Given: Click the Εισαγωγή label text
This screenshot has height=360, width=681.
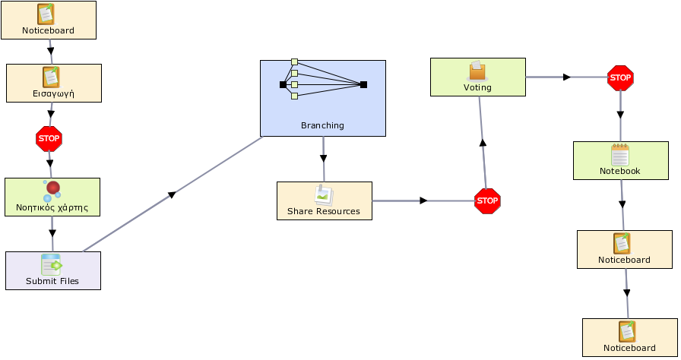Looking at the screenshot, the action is coord(53,93).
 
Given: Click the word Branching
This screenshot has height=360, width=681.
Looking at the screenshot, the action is coord(322,125).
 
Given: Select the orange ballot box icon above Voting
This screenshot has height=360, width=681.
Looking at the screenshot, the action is coord(477,71).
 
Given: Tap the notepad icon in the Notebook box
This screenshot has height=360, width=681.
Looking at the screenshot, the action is coord(619,155).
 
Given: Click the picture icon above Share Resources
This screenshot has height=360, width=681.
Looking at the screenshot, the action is coord(324,195).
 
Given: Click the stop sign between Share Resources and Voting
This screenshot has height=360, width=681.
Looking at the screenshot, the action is coord(487,201).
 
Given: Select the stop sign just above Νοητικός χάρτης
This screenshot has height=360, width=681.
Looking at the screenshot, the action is coord(49,139).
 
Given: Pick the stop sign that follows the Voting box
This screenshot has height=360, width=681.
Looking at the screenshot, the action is coord(620,77).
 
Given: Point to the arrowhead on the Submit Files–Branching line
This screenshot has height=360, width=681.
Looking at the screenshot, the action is coord(172,194).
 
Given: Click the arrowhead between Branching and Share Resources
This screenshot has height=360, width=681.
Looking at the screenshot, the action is coord(323,159).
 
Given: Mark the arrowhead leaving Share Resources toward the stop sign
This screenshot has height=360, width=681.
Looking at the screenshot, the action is coord(423,201).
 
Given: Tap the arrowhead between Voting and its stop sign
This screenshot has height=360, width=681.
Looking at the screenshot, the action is coord(566,77).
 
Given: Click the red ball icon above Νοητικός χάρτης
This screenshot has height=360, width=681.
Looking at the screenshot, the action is coord(53,188).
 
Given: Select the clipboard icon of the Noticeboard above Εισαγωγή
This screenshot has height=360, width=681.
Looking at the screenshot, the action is coord(46,14).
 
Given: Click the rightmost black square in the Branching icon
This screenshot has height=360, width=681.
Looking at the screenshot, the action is coord(363,84).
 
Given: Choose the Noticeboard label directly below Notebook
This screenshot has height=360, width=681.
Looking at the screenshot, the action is coord(624,260).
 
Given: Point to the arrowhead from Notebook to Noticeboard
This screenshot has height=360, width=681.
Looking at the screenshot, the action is coord(622,204).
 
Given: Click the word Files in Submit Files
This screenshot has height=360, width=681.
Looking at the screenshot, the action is coord(68,281).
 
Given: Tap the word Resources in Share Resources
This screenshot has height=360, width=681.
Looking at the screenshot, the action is coord(337,211).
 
